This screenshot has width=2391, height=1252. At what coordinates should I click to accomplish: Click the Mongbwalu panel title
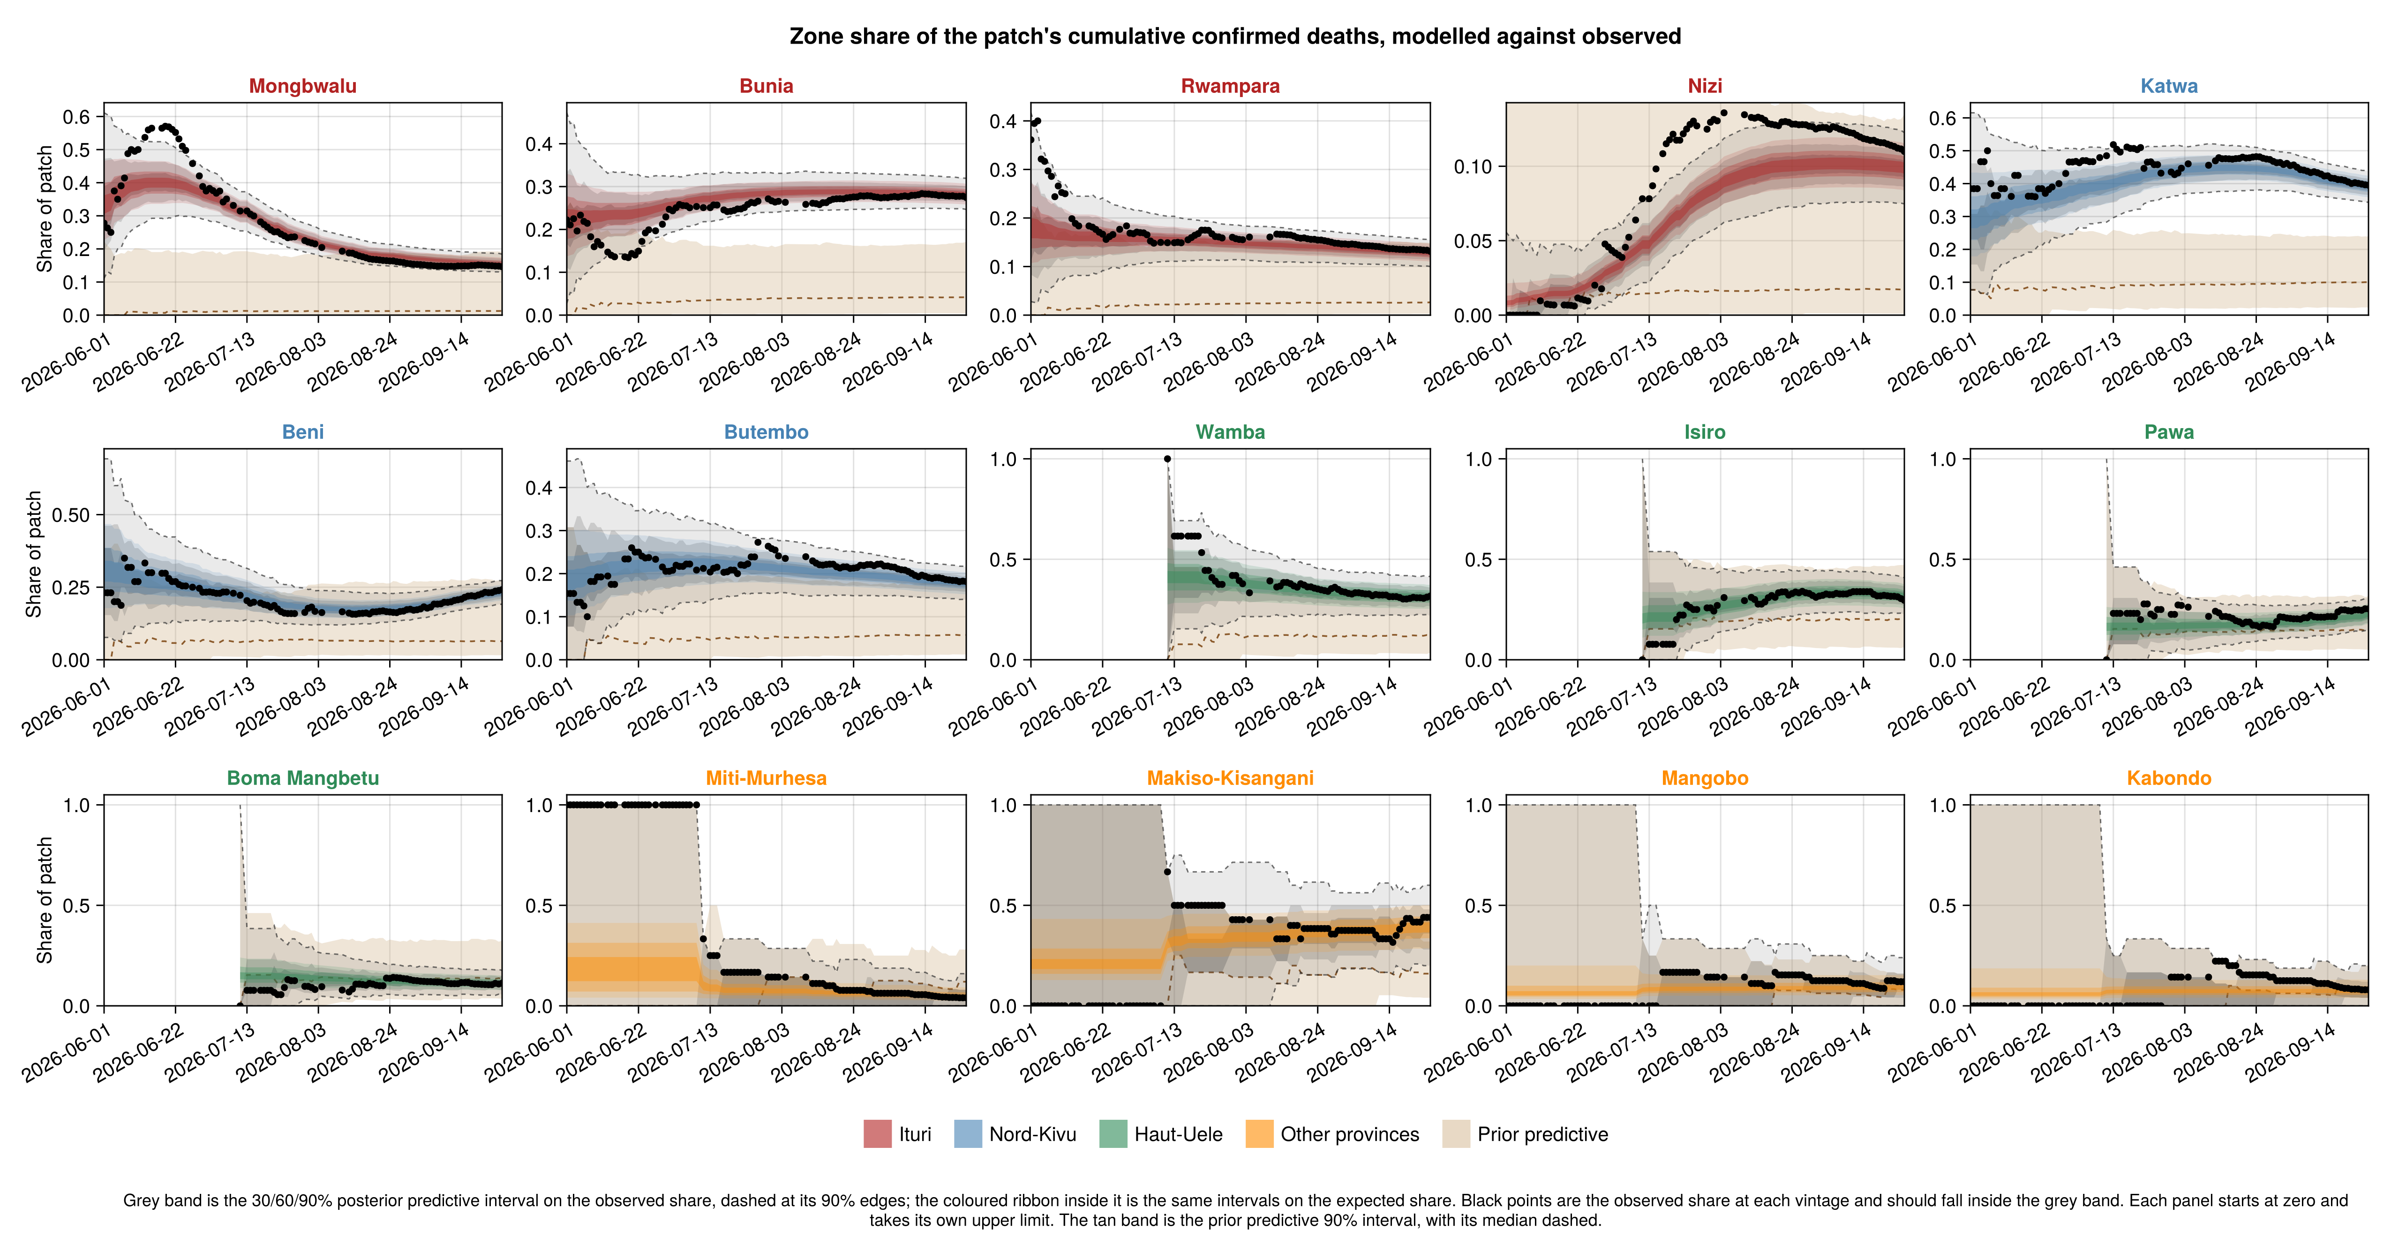tap(302, 86)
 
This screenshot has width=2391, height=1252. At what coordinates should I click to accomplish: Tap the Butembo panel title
tap(766, 432)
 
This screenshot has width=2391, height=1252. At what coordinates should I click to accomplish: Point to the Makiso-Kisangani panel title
tap(1230, 779)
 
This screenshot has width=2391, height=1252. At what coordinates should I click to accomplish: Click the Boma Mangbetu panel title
tap(302, 779)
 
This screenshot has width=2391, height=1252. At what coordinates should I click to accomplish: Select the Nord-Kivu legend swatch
tap(967, 1134)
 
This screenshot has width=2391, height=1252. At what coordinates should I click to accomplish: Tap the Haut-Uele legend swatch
tap(1113, 1134)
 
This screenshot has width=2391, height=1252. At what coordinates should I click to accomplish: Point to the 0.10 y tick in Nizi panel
tap(1473, 167)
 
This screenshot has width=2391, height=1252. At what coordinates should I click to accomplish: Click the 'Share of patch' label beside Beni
tap(34, 554)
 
